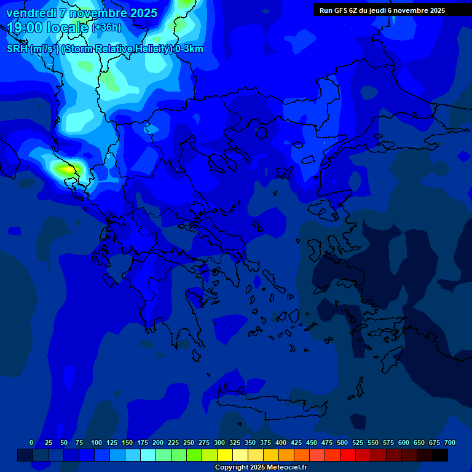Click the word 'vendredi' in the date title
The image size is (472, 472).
[x=29, y=13]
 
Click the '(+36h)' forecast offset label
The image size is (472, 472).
[x=106, y=28]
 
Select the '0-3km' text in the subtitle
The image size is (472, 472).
[x=189, y=49]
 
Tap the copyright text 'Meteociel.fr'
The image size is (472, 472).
[x=287, y=468]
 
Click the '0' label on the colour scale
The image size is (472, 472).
[x=31, y=442]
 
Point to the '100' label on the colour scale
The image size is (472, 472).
[x=96, y=442]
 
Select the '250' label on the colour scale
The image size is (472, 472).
[x=189, y=442]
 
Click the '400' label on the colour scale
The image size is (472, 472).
[x=281, y=442]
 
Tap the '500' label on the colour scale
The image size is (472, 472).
[x=342, y=442]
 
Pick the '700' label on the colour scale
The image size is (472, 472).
[x=450, y=442]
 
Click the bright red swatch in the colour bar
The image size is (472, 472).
[x=348, y=455]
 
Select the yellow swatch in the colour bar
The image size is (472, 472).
[x=225, y=455]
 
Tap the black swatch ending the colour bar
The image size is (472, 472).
[x=440, y=455]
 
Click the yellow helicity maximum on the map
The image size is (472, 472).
[x=64, y=168]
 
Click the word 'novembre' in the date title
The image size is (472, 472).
[x=96, y=13]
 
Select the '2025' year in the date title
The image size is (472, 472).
[x=143, y=13]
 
